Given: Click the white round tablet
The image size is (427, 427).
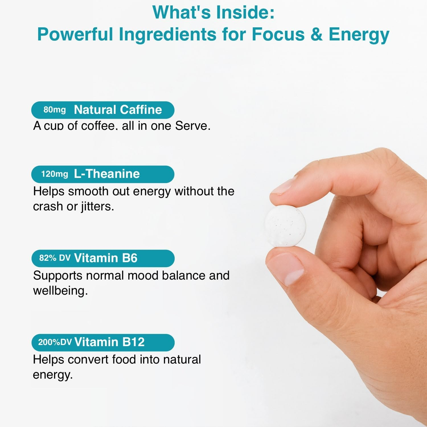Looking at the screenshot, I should click(x=285, y=225).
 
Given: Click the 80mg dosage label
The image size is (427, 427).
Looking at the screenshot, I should click(x=54, y=110).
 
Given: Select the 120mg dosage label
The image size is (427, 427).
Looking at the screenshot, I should click(x=54, y=174).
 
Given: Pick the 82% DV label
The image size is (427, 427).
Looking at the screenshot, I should click(x=55, y=258).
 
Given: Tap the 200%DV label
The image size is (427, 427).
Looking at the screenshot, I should click(x=55, y=342).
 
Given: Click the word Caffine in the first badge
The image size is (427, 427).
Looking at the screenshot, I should click(x=141, y=110).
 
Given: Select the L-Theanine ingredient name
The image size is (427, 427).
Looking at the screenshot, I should click(x=107, y=174).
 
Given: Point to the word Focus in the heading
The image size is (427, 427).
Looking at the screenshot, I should click(x=278, y=34).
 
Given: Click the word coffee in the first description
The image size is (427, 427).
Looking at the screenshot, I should click(x=98, y=126).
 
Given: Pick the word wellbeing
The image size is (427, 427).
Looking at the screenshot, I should click(x=60, y=291).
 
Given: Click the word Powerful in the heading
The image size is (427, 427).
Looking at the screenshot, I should click(x=75, y=34).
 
